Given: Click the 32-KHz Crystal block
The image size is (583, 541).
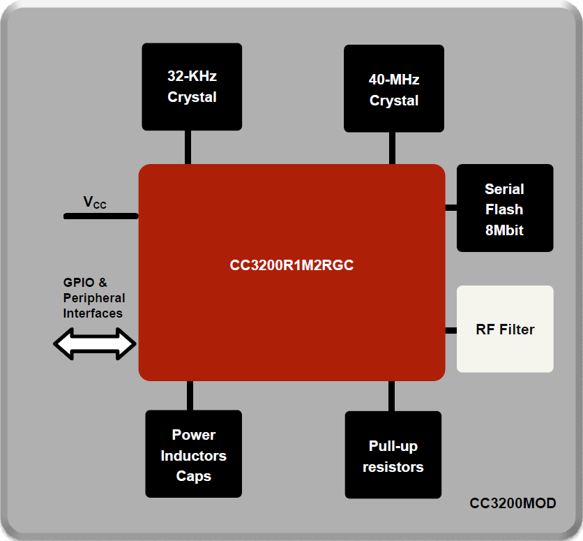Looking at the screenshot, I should click(192, 87).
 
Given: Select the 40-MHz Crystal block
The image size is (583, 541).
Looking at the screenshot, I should click(394, 89).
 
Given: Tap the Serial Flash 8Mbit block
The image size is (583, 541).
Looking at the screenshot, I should click(504, 208).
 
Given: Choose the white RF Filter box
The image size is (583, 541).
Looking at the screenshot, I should click(505, 329).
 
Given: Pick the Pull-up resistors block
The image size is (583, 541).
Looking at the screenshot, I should click(393, 454).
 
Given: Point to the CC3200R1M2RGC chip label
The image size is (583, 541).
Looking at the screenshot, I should click(291, 265).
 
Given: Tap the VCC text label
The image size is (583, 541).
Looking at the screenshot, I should click(95, 203).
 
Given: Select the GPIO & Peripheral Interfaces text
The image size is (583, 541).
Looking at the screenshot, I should click(93, 298).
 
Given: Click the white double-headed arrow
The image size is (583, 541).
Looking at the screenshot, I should click(95, 344).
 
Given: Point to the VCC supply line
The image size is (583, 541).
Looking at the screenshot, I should click(101, 216).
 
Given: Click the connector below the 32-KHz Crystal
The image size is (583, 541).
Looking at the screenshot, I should click(188, 147).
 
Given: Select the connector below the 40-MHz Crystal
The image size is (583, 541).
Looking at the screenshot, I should click(392, 148).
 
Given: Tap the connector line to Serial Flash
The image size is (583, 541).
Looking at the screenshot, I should click(450, 208).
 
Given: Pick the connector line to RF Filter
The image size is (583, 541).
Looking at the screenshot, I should click(450, 330).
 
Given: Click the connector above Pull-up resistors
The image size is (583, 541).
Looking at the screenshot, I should click(392, 396).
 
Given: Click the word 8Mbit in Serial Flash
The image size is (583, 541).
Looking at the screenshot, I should click(504, 230).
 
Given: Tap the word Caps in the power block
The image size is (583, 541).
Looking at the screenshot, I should click(193, 476).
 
